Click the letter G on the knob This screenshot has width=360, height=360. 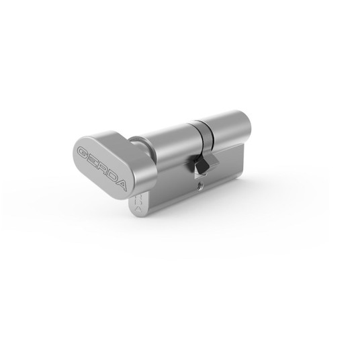click(83, 152)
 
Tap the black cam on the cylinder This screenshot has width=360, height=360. click(200, 163)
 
